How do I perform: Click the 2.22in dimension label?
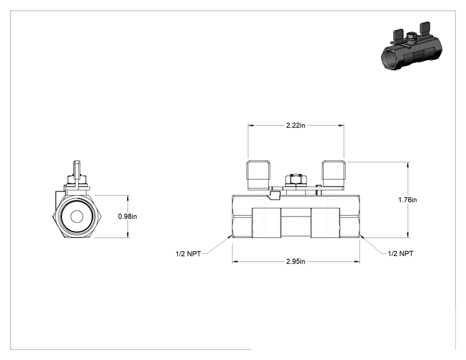click(296, 125)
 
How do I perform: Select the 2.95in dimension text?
click(296, 261)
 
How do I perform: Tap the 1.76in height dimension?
click(408, 200)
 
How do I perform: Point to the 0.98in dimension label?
click(128, 216)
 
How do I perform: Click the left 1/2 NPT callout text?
click(188, 254)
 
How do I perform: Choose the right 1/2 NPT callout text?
click(400, 254)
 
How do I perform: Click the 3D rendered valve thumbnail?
click(411, 46)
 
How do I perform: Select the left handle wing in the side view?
click(258, 175)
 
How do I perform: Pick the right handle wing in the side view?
click(334, 175)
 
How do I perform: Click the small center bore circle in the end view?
click(76, 217)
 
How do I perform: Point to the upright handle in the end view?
click(77, 175)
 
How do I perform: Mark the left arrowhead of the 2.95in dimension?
click(235, 261)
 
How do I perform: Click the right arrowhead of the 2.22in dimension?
click(341, 125)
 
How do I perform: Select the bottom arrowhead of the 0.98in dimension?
click(128, 235)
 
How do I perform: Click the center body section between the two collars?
click(296, 223)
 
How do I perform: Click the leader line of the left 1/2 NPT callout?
click(219, 245)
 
